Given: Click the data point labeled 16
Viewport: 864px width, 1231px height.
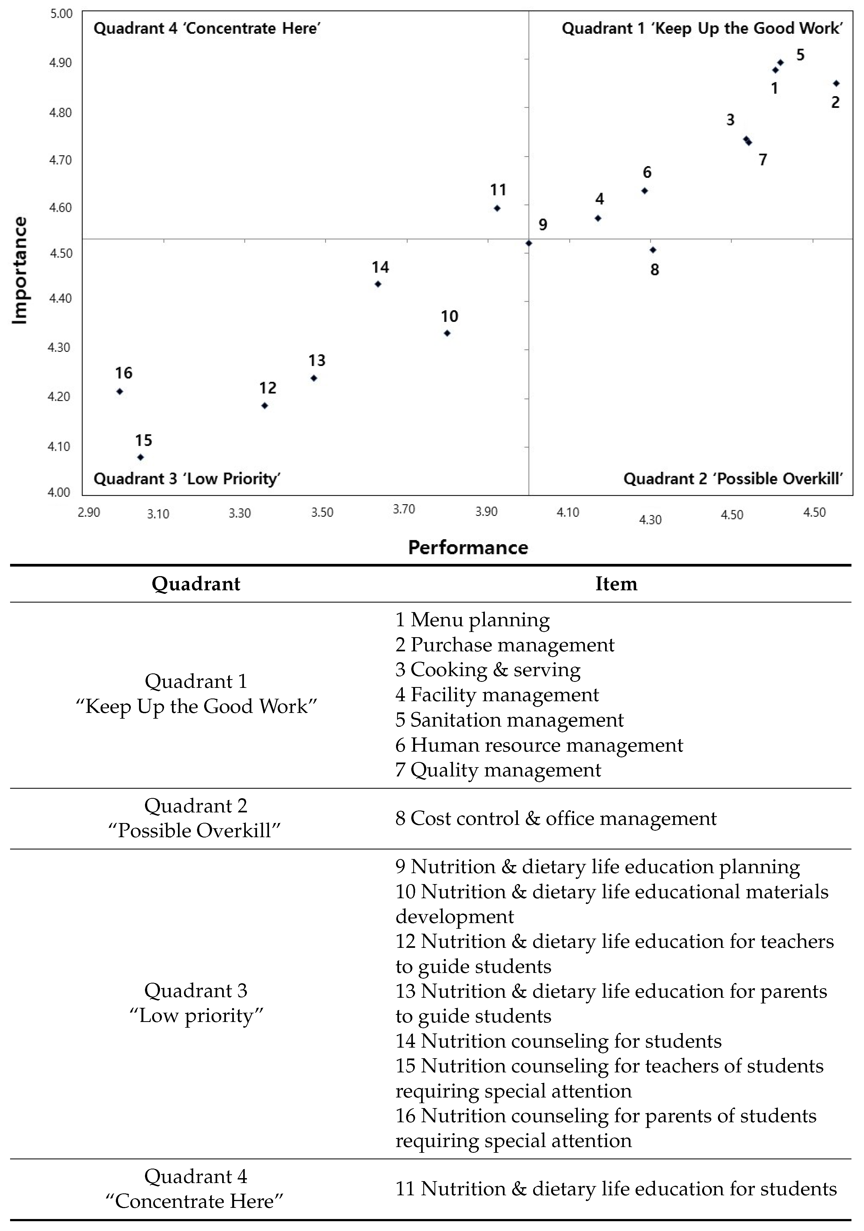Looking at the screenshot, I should coord(120,391).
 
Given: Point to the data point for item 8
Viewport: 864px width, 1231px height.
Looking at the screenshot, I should coord(653,250).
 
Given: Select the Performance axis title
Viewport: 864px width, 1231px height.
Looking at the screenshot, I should coord(468,548).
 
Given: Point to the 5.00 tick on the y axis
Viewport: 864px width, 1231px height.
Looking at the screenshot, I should coord(61,13).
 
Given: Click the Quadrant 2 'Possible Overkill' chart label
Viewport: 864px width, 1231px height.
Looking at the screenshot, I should coord(733,478).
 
